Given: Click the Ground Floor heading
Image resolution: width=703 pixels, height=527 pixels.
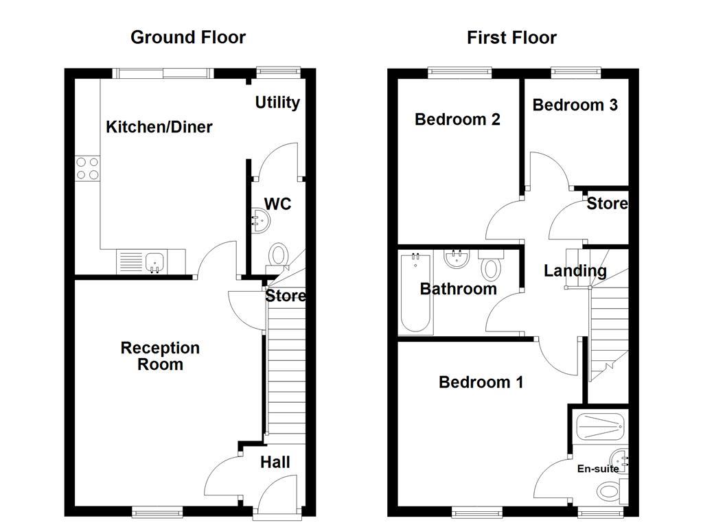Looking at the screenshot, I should coord(187,37).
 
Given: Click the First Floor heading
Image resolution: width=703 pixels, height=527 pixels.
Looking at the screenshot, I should coord(511,37).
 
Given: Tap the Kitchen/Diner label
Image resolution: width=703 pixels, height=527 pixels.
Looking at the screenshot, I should coord(159,127).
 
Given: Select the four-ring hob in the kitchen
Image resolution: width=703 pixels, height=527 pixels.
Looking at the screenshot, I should coord(87,168).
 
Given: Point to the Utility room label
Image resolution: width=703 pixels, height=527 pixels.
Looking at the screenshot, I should coord(277,103).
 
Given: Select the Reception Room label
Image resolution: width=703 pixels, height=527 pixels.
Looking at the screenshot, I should coord(160,356).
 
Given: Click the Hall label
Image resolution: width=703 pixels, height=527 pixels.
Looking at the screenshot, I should coord(275,462).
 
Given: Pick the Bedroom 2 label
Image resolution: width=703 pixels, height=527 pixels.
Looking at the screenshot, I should coord(457,119).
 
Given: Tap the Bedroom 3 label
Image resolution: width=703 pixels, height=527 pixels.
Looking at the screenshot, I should coord(575,105).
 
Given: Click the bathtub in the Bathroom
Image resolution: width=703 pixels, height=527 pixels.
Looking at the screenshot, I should coord(415,294).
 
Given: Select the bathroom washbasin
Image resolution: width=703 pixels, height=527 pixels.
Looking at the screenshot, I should coord(455,259).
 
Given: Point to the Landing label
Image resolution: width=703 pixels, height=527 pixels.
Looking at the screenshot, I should coord(575,271).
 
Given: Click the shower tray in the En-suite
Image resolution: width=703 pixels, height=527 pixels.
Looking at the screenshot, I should coord(599,427).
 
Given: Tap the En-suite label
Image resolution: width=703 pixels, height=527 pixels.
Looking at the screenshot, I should coord(597,469).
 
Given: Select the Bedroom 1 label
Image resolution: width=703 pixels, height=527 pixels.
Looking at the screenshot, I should coord(481,382).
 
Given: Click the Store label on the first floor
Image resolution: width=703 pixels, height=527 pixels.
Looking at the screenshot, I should coord(607,204).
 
